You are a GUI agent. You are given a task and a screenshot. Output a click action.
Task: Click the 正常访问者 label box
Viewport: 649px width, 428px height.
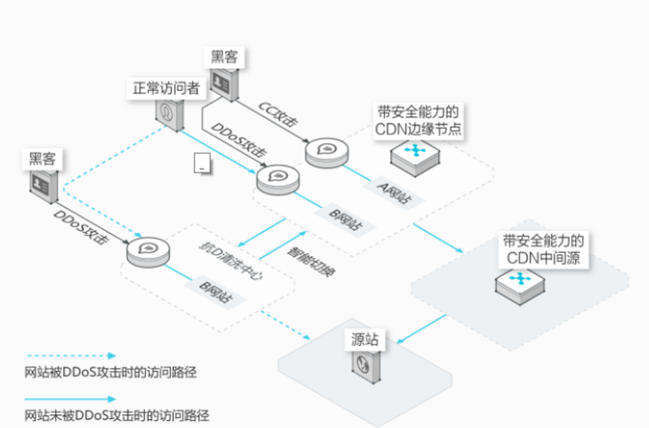(166, 87)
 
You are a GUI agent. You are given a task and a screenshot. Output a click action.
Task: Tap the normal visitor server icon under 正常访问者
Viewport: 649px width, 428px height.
(169, 113)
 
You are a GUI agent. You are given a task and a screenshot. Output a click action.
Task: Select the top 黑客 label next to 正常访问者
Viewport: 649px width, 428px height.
(225, 56)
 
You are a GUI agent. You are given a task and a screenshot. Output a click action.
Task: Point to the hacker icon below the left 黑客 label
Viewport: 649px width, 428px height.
(41, 186)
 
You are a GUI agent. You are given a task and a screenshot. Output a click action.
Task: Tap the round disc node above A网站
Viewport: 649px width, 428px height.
(324, 150)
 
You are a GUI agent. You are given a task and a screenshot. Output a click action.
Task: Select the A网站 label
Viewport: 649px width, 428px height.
(394, 191)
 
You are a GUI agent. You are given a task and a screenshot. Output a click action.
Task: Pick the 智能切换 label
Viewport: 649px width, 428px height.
(309, 256)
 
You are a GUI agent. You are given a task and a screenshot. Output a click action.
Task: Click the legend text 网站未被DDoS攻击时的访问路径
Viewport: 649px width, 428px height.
(116, 415)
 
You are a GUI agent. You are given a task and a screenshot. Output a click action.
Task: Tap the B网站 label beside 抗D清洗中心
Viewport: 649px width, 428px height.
(214, 291)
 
